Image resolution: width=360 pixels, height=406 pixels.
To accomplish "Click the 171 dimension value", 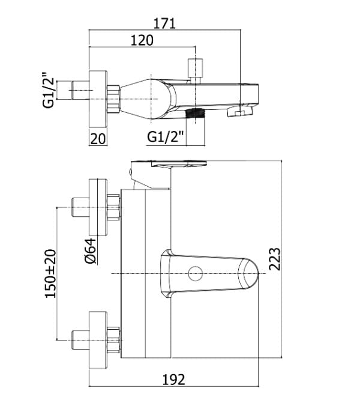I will tap(164, 23).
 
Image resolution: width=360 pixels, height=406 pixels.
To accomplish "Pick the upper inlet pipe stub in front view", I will tap(79, 208).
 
